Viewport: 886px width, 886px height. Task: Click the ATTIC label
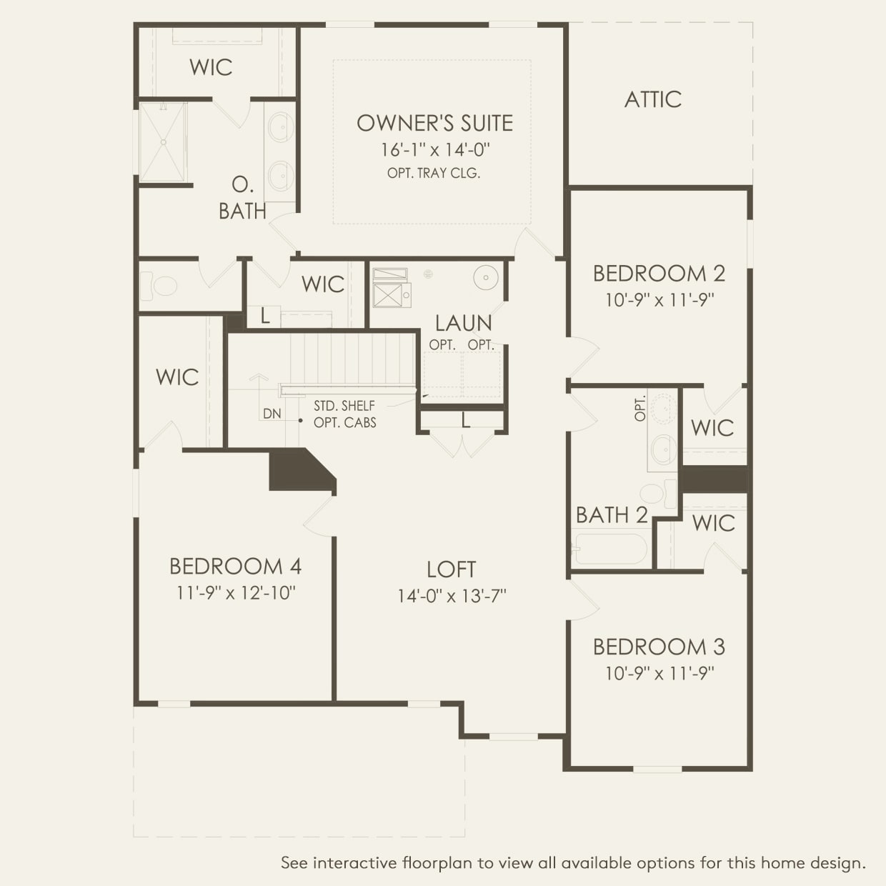point(652,99)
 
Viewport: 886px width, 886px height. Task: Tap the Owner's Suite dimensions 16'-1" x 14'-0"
point(434,150)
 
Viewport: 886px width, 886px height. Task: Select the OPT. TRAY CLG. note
point(434,173)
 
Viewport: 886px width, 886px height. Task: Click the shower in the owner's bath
point(163,142)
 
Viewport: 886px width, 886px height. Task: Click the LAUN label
point(463,323)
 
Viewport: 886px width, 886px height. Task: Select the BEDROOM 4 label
point(235,567)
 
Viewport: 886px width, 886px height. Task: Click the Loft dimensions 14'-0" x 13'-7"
point(452,596)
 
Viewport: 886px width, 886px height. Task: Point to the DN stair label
point(272,414)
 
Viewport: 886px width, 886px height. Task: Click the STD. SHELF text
point(344,406)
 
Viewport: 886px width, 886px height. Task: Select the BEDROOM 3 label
point(659,647)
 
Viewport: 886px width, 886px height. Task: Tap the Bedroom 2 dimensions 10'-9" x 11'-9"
point(659,300)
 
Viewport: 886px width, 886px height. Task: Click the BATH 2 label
point(612,515)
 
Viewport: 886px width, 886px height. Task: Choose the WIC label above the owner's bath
point(211,67)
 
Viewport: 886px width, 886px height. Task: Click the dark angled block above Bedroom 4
point(297,470)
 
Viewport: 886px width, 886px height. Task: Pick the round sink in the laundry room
point(486,277)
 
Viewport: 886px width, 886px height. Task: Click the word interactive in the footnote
point(354,863)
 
